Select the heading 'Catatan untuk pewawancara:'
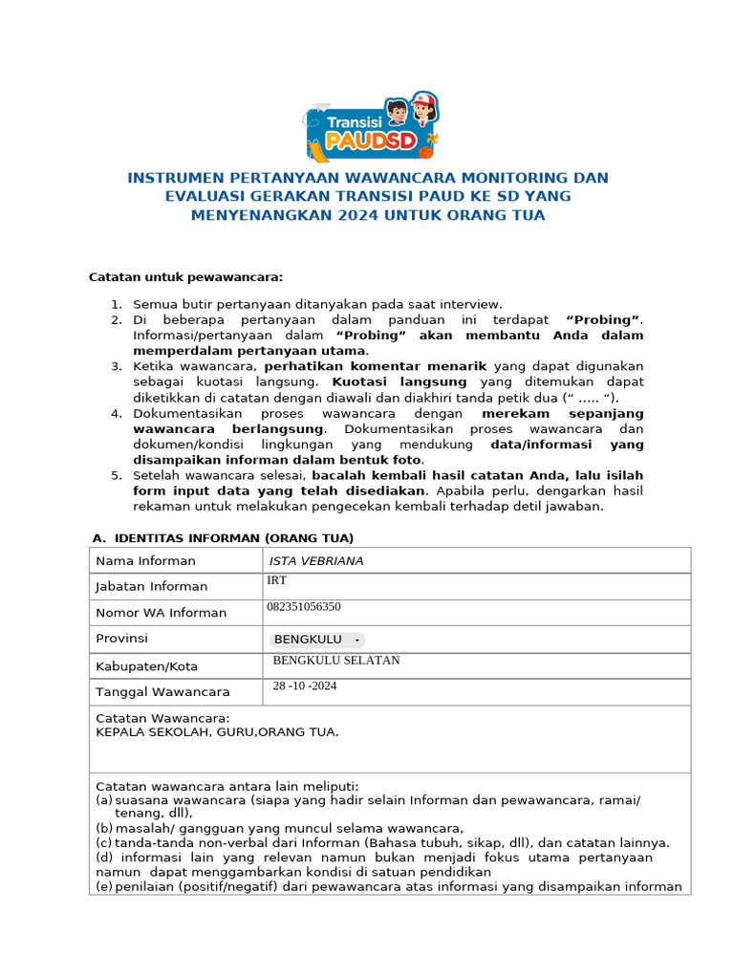point(186,277)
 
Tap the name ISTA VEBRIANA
point(316,561)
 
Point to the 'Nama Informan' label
point(145,561)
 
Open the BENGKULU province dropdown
point(316,640)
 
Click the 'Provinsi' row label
point(122,639)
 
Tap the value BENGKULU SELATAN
point(336,661)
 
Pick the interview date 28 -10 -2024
point(305,686)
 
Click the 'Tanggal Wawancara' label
point(162,692)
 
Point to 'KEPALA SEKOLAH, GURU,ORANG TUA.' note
point(217,732)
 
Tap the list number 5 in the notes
point(116,475)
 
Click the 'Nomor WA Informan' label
point(162,613)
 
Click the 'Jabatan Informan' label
point(152,587)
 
